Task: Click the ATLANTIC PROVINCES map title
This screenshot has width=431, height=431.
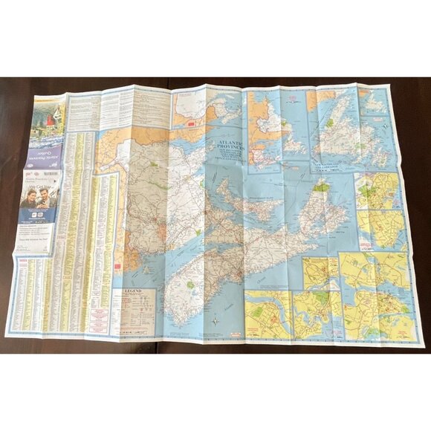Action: [x=232, y=142]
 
